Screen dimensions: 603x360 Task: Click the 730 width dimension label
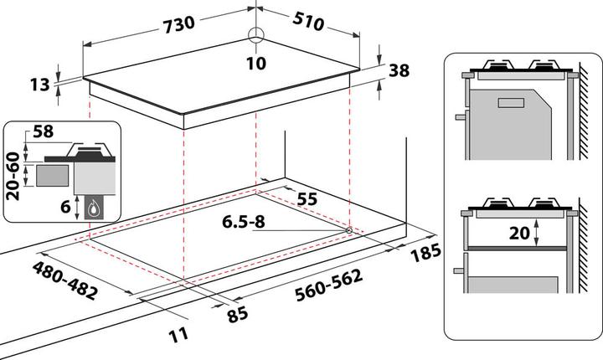[x=179, y=24]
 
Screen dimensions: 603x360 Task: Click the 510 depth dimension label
[x=308, y=21]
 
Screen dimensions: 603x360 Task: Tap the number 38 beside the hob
[x=399, y=71]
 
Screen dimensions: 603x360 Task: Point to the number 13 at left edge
[x=40, y=85]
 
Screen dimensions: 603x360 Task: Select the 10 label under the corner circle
[x=256, y=64]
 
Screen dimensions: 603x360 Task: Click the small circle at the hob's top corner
[x=255, y=34]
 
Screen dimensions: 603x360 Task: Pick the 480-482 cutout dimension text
[x=64, y=280]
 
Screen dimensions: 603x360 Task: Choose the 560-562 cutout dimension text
[x=329, y=285]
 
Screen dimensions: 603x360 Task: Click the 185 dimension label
[x=425, y=252]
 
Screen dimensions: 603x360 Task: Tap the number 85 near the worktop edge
[x=237, y=315]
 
